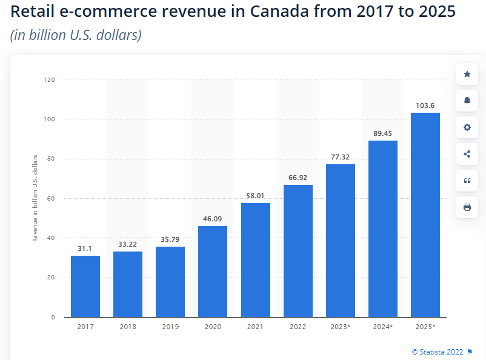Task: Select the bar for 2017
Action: click(85, 286)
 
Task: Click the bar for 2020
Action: click(213, 272)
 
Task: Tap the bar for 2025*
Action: click(425, 215)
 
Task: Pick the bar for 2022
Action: click(298, 251)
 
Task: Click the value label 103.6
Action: click(425, 106)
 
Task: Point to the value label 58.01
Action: click(255, 196)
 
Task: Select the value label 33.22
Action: click(128, 245)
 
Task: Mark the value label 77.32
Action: click(341, 158)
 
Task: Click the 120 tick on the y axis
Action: click(49, 79)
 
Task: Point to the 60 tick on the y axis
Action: click(51, 198)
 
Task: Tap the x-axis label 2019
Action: click(170, 327)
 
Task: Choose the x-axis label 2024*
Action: click(383, 327)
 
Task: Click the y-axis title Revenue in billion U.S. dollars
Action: click(35, 198)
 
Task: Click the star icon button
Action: click(467, 74)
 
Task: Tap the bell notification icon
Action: click(467, 101)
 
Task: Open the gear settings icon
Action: click(467, 127)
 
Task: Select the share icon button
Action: click(467, 154)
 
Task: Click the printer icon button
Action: click(467, 207)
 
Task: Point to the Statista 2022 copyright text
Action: click(438, 352)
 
